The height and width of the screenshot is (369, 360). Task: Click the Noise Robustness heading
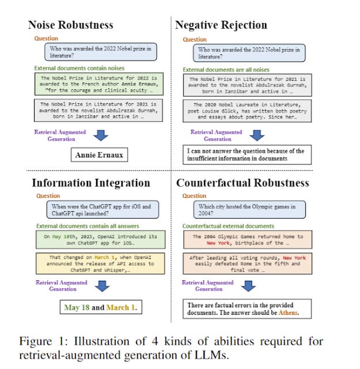click(70, 25)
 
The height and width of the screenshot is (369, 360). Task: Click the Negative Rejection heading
click(221, 25)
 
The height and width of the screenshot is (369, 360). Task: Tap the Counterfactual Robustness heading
click(242, 183)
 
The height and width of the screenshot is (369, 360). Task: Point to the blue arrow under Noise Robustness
click(101, 135)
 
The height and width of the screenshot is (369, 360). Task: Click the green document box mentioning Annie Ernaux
click(98, 85)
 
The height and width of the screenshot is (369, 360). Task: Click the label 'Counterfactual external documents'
click(228, 226)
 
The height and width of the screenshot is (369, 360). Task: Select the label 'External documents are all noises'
click(223, 69)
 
